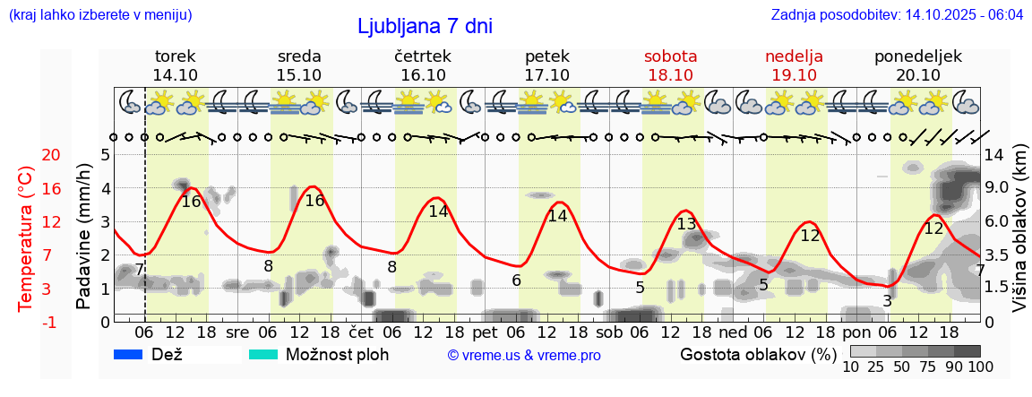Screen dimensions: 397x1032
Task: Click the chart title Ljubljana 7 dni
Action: [425, 26]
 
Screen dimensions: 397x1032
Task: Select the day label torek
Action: [175, 56]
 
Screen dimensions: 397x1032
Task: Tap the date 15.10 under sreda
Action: [298, 74]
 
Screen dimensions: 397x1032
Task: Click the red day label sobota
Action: [670, 56]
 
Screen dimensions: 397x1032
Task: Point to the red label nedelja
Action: [795, 56]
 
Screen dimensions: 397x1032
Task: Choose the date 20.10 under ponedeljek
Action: [917, 74]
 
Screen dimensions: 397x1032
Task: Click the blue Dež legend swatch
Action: [129, 355]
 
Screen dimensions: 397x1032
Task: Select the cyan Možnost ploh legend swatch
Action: [263, 355]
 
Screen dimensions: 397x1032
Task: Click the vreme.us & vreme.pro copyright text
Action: [524, 356]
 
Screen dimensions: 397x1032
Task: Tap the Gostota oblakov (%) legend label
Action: [758, 354]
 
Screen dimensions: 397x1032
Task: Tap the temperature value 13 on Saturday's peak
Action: [686, 224]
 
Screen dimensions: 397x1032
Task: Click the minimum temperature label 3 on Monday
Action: [887, 301]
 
